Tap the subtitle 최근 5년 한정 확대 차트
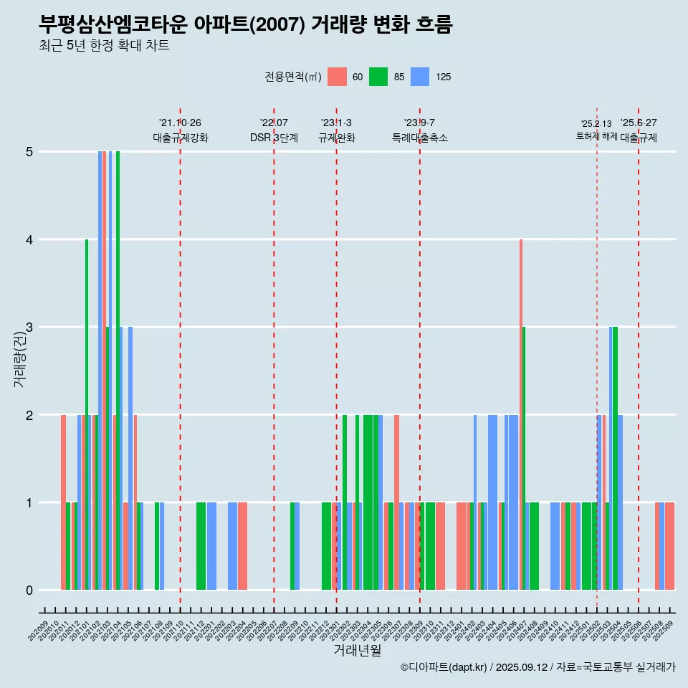point(104,47)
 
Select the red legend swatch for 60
point(337,77)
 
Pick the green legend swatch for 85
point(378,77)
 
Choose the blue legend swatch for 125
point(420,77)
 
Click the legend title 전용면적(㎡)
point(293,77)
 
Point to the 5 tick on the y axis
point(29,152)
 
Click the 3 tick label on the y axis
point(29,328)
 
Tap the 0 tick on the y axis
point(29,591)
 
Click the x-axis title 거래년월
point(357,650)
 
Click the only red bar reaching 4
point(521,414)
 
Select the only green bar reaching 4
point(87,414)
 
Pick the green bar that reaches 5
point(118,371)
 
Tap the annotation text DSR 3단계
point(274,138)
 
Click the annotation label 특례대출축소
point(419,138)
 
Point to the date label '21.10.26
point(180,123)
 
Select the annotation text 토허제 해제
point(596,136)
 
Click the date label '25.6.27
point(639,123)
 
